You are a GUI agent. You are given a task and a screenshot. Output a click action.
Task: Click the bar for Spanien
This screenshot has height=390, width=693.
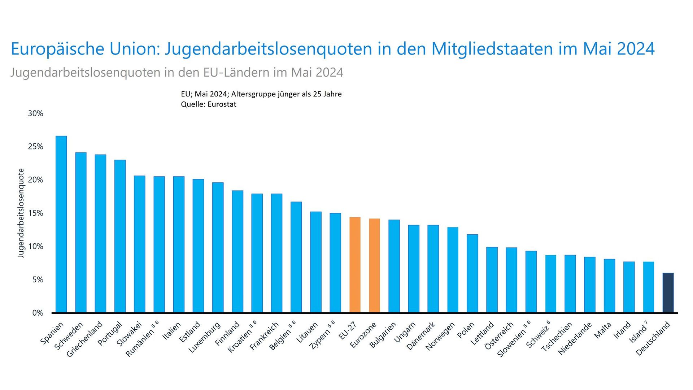tap(61, 224)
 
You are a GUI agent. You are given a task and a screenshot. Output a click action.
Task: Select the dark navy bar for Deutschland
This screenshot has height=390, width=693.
tap(668, 292)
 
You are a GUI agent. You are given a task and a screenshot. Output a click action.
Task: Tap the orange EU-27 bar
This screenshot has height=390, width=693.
tap(355, 265)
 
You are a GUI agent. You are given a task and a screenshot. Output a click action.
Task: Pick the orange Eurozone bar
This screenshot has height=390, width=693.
tap(374, 265)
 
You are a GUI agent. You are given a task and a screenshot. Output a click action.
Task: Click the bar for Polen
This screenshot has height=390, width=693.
tap(472, 273)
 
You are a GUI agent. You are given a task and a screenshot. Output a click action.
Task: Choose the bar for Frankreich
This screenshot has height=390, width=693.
tap(276, 253)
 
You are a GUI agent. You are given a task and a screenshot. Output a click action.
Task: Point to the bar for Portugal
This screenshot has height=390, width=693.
tap(120, 236)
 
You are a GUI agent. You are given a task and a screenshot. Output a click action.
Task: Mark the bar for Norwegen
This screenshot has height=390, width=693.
tap(453, 270)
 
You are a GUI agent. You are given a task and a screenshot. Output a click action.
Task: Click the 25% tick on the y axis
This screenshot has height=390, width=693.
tap(35, 147)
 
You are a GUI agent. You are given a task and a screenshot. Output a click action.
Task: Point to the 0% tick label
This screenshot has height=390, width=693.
tap(38, 313)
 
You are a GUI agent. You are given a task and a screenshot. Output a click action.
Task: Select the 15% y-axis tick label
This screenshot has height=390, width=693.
tap(35, 213)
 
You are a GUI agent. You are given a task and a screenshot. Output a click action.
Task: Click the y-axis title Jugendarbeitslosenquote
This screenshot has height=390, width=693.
tap(21, 213)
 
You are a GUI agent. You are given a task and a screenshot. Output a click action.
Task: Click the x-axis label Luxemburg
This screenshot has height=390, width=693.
tap(205, 338)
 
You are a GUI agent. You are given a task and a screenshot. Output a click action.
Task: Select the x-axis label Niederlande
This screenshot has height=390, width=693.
tap(575, 339)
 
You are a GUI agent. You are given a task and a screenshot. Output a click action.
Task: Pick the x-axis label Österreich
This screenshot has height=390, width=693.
tap(499, 336)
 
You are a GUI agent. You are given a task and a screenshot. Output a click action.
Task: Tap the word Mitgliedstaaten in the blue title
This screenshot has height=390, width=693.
tap(492, 49)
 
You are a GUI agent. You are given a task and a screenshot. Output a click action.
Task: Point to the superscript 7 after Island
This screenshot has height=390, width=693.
tap(646, 322)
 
